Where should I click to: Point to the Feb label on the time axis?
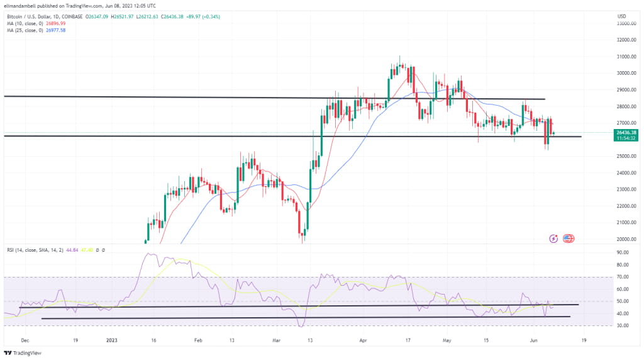click(x=199, y=339)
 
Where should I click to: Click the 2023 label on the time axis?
click(x=112, y=339)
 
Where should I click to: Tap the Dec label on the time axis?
click(x=25, y=339)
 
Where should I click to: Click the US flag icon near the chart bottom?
click(x=569, y=239)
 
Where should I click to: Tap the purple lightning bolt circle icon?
click(x=554, y=239)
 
